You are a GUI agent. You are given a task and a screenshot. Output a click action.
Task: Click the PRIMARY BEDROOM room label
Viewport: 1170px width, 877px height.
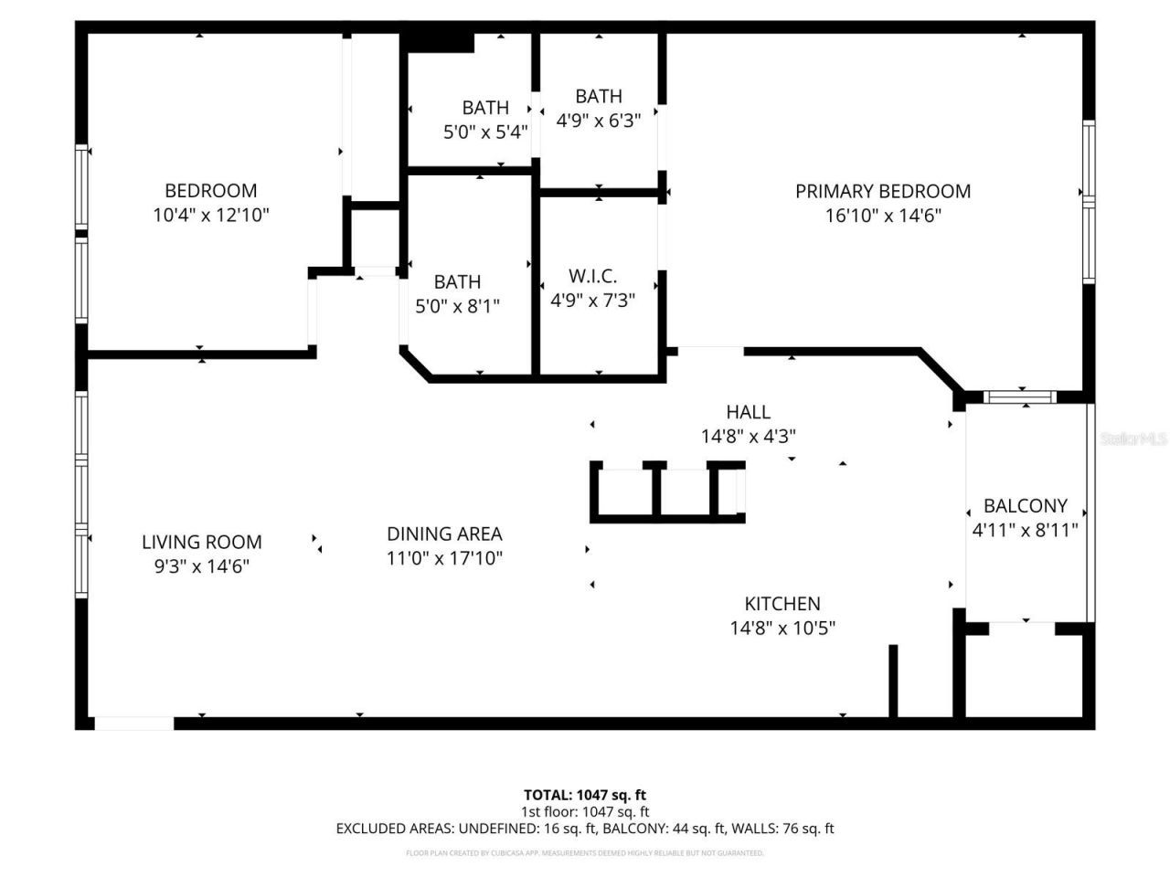pos(882,191)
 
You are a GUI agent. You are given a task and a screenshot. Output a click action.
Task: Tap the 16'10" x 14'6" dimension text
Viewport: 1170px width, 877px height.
pos(882,216)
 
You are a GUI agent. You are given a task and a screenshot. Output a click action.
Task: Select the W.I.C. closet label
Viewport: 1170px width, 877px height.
pos(592,276)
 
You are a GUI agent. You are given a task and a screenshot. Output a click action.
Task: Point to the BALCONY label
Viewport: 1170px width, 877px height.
pos(1025,505)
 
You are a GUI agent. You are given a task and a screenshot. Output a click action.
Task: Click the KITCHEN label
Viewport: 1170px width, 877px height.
pos(782,603)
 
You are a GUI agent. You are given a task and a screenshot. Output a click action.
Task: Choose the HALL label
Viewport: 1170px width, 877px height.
pos(748,412)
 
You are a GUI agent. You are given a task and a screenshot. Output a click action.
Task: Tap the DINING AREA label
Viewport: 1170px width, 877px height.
pos(444,534)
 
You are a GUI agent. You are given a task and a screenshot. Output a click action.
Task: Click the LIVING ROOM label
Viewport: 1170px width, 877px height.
pos(201,542)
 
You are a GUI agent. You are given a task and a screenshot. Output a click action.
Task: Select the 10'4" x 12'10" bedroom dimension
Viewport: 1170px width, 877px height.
pos(211,216)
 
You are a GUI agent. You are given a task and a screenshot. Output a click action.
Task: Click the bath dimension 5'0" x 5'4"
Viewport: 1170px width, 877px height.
pos(485,132)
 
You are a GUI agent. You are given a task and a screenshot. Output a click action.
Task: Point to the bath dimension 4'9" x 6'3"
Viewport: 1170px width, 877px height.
pos(599,120)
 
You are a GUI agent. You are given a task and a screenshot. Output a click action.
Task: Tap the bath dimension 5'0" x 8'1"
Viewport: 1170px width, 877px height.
pos(457,306)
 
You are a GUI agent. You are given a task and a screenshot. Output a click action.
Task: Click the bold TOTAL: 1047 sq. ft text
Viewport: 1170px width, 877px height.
pos(584,795)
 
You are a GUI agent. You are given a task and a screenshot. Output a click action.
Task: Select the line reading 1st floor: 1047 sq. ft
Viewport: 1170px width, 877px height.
pos(584,811)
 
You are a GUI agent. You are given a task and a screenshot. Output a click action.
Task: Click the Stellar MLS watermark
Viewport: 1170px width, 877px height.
pos(1133,439)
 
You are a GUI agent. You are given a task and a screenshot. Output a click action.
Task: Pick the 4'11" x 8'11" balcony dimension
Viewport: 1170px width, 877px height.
pos(1025,530)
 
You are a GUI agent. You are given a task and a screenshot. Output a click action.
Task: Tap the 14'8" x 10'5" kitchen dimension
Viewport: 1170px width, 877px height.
pos(782,628)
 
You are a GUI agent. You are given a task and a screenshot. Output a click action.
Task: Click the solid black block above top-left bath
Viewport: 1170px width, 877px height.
pos(439,42)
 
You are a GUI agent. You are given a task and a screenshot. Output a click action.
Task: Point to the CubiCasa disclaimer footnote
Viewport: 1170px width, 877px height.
pos(584,853)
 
